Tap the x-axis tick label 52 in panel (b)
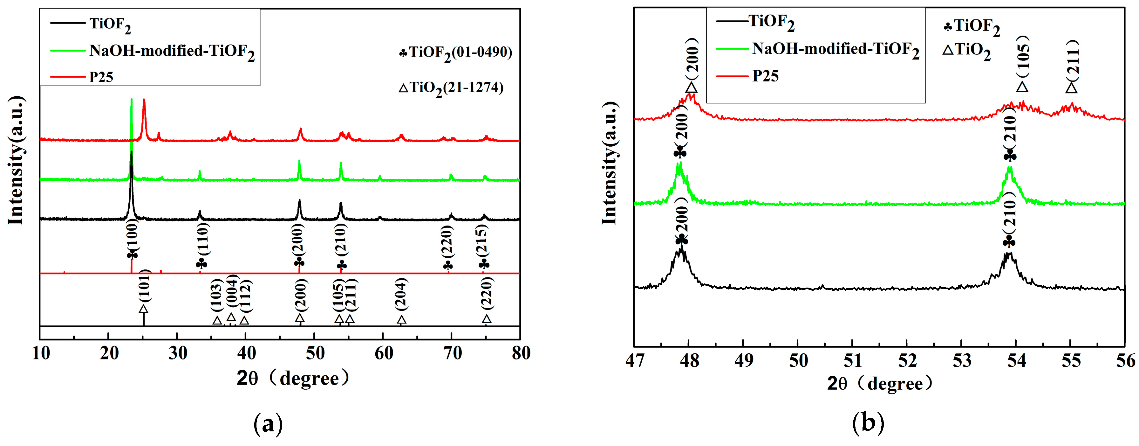(907, 361)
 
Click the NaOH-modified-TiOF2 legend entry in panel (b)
(835, 49)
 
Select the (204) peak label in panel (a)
(401, 294)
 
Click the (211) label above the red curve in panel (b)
(1073, 58)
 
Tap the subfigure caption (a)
(268, 424)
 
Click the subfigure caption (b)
(868, 423)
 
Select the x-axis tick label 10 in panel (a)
(41, 353)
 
